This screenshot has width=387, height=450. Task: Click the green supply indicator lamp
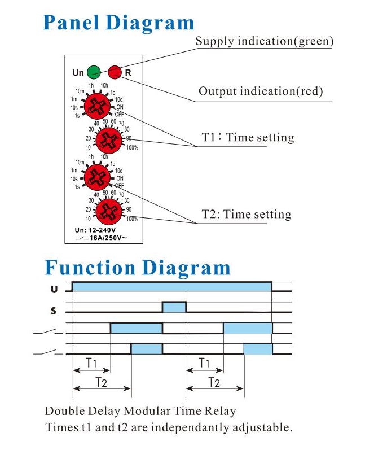[94, 72]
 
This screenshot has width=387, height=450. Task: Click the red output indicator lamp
[115, 72]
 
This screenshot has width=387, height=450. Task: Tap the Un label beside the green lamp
[78, 73]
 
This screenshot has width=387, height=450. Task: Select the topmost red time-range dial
[97, 106]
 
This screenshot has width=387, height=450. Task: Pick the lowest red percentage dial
[109, 212]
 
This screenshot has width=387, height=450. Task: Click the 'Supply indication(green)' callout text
[265, 41]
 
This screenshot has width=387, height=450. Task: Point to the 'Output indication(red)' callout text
[261, 91]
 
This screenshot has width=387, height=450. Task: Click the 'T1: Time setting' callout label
[248, 137]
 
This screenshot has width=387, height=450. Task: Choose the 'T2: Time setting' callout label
[246, 215]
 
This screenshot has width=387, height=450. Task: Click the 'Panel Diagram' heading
[118, 23]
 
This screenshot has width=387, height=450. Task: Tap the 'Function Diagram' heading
[138, 268]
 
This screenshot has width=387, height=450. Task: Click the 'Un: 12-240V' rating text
[95, 230]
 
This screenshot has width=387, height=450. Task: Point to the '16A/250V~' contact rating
[108, 238]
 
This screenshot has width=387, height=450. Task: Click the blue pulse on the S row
[174, 307]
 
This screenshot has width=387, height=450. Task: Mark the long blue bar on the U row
[172, 286]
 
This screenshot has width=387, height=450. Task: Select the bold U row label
[54, 289]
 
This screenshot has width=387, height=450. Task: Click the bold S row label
[54, 311]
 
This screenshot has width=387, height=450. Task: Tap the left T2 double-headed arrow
[102, 388]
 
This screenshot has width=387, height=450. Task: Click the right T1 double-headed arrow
[205, 370]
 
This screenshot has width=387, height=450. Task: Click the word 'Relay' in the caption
[220, 411]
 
